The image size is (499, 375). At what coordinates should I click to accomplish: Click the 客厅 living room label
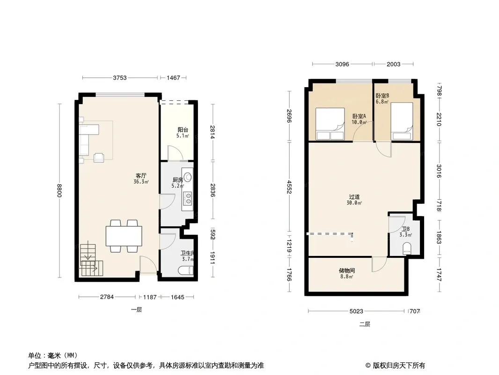coord(141,176)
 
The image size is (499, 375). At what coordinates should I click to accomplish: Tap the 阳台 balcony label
coord(183,130)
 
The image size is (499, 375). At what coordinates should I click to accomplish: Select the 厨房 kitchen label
coord(178,180)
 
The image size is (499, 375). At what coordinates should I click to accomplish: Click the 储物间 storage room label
coord(347,271)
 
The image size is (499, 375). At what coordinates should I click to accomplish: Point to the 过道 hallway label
coord(354,197)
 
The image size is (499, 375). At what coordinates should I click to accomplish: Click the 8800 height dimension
coord(59,190)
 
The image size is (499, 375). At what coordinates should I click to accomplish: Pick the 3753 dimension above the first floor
coord(120,77)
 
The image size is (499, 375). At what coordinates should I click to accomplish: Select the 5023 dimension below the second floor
coord(356,311)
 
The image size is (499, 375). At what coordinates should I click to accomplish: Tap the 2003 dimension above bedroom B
coord(393,64)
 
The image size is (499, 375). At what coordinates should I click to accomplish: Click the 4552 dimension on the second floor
coord(289,187)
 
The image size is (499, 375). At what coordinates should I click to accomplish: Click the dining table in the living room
coord(124,236)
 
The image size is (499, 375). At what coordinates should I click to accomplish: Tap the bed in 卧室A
coord(330,124)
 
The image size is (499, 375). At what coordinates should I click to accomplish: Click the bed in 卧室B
coord(402,121)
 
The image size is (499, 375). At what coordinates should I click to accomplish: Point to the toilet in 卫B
coord(407,248)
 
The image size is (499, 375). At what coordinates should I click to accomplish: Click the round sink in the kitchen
coord(188,177)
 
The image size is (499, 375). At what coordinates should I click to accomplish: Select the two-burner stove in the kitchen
coord(188,198)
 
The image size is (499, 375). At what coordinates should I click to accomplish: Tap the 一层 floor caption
coord(137,310)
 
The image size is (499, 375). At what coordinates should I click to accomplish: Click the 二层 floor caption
coord(365,324)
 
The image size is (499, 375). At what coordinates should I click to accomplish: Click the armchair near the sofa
coord(99,157)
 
